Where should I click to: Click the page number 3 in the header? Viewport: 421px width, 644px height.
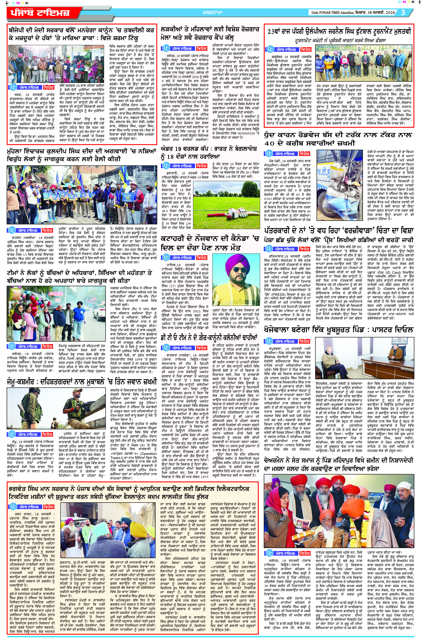click(x=403, y=12)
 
